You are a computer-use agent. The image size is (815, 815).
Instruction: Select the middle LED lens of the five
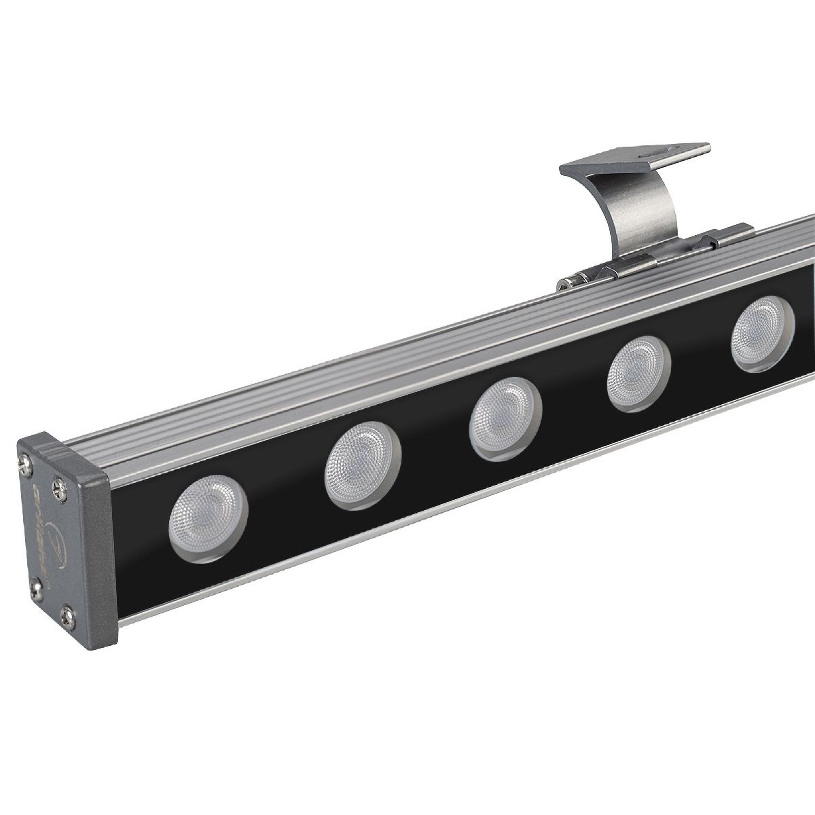point(505,416)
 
